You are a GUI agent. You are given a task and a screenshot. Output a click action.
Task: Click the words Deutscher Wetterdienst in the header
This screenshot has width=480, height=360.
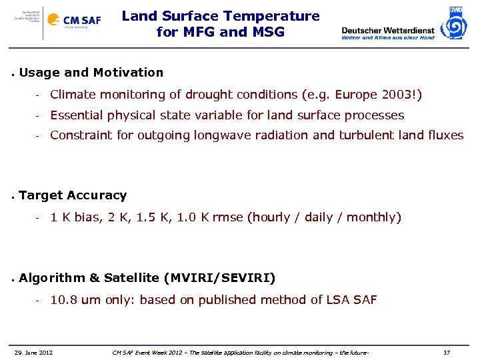pos(387,29)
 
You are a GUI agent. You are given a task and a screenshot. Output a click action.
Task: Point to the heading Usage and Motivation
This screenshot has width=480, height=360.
pos(91,72)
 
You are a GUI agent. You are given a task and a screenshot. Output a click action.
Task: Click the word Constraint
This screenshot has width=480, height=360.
pos(82,135)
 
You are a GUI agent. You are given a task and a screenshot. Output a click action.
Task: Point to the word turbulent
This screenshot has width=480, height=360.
pos(371,135)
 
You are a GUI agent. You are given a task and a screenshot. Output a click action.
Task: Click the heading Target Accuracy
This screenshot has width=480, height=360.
pos(73,195)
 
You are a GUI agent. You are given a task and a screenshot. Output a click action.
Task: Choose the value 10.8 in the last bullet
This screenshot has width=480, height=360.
pos(63,300)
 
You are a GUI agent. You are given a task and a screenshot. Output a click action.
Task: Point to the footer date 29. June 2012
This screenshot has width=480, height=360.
pos(34,352)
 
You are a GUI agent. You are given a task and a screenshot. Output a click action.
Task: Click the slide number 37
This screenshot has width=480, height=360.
pos(447,352)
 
